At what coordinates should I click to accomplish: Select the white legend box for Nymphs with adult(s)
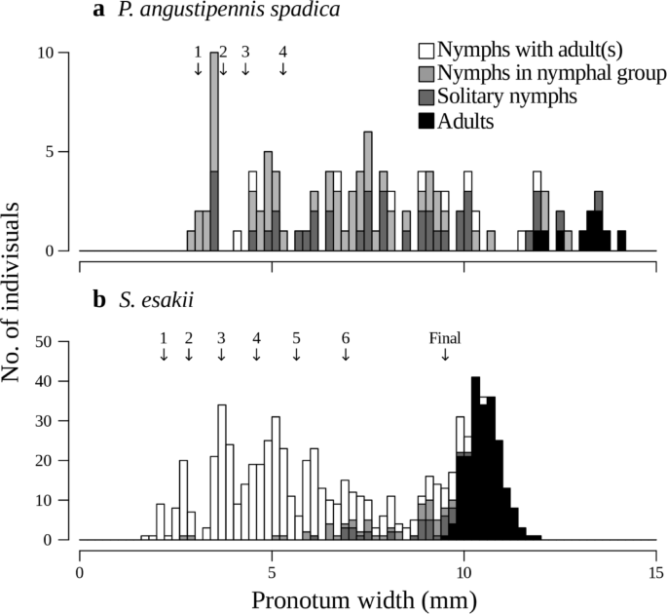coord(424,50)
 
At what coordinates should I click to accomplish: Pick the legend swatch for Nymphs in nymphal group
coord(424,73)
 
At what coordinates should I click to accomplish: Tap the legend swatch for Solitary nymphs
coord(424,96)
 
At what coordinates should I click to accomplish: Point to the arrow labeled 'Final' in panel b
coord(445,354)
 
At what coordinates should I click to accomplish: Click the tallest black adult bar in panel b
coord(476,458)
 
